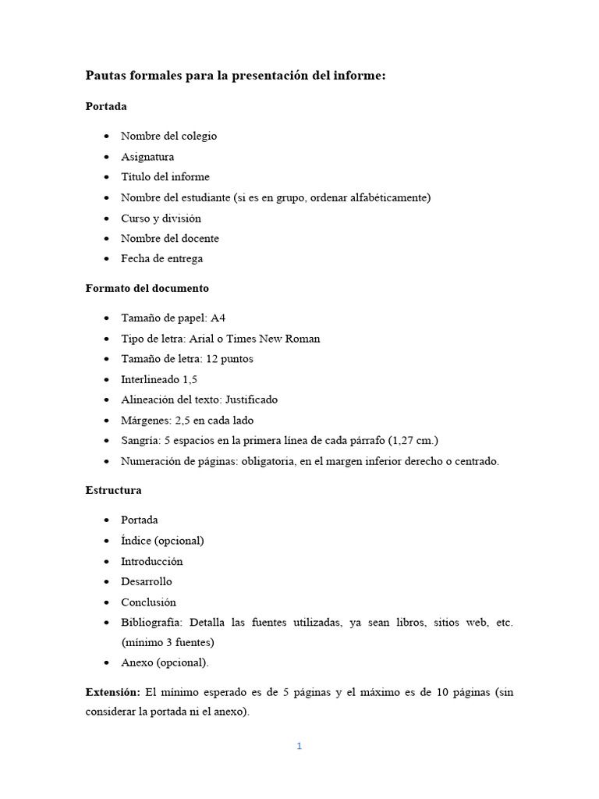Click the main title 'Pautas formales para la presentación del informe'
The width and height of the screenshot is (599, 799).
click(236, 76)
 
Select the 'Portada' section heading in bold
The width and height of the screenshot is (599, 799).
click(106, 106)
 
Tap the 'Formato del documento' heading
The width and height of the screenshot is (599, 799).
click(147, 288)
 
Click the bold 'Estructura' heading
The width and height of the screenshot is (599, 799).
click(113, 491)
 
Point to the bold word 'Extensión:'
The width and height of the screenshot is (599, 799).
click(112, 692)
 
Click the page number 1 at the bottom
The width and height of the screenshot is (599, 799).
click(299, 746)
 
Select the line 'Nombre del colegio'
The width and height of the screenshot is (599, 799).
click(168, 136)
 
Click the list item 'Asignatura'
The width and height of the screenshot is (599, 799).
click(147, 157)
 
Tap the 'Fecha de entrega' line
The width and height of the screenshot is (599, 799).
click(161, 258)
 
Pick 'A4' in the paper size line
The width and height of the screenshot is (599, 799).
click(218, 318)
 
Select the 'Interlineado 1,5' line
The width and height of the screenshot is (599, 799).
click(158, 379)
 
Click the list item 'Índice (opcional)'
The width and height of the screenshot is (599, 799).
click(162, 541)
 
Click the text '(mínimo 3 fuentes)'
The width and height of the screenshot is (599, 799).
click(167, 643)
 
